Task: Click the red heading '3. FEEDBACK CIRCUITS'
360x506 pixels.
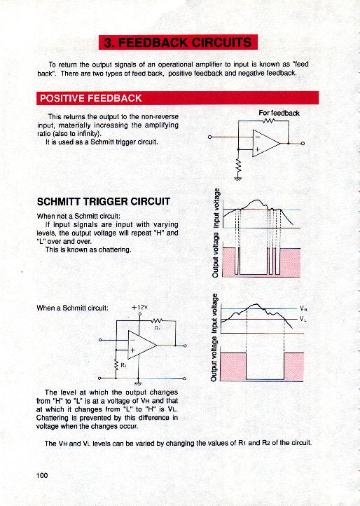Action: point(178,42)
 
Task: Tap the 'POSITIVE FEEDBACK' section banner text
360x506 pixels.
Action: point(90,98)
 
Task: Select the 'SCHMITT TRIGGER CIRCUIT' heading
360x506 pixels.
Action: point(103,202)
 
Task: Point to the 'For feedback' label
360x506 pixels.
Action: point(279,113)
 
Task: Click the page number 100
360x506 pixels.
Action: point(42,475)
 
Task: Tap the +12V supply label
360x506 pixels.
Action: point(139,307)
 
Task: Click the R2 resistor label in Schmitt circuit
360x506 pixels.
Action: point(123,365)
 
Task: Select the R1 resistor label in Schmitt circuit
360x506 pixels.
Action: point(157,328)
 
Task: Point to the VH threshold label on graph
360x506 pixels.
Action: point(303,308)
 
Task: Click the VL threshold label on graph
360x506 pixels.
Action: point(303,319)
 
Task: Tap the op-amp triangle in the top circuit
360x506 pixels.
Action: point(266,143)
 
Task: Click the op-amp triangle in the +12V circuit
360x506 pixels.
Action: point(142,345)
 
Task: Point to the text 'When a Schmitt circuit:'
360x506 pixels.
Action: point(72,308)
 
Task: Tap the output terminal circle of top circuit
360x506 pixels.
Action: point(303,143)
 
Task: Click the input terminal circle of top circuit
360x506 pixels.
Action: point(209,137)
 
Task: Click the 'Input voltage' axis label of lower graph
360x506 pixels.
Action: point(214,314)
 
